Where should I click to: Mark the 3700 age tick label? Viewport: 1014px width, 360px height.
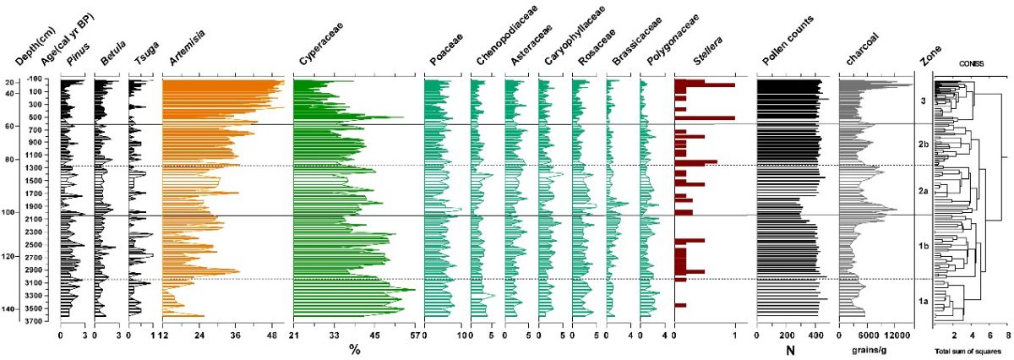(41, 321)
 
